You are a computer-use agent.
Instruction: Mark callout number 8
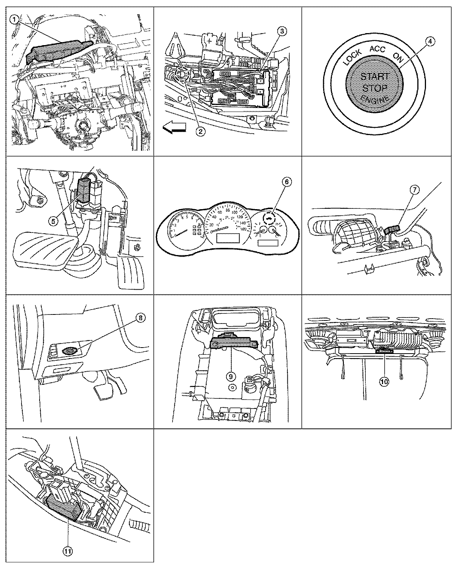140,318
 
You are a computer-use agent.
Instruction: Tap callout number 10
384,381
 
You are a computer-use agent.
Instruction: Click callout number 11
67,551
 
